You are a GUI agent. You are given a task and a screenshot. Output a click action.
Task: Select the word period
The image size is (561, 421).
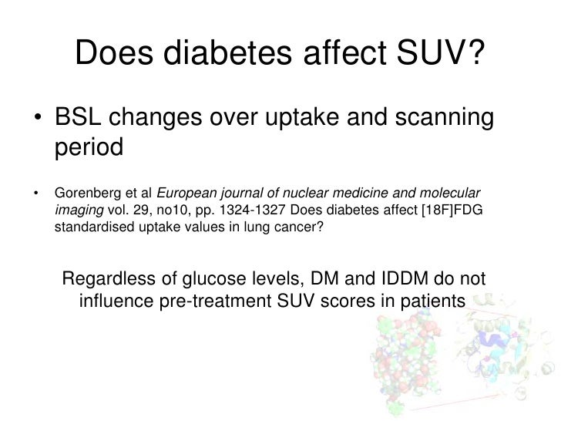pos(89,147)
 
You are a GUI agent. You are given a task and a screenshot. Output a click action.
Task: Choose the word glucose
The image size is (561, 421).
pos(237,278)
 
